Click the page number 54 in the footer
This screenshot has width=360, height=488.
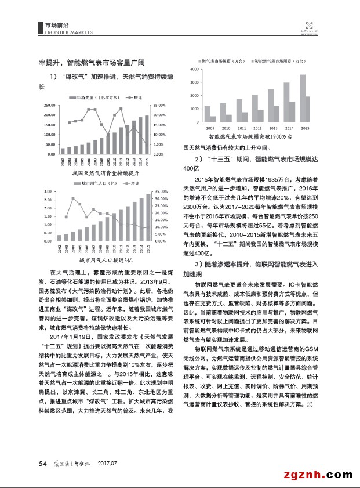42,462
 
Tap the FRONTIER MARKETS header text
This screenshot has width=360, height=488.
66,31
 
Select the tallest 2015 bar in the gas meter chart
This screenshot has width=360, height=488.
302,98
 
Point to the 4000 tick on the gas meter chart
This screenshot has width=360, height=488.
195,68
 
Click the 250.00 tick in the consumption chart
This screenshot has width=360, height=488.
49,105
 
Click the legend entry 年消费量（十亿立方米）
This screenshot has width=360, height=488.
96,98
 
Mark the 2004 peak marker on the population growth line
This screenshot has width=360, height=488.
73,198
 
